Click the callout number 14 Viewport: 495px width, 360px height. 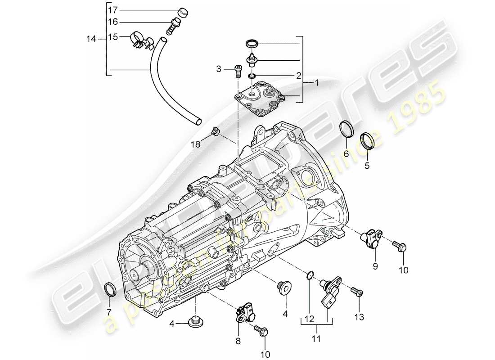[x=91, y=40]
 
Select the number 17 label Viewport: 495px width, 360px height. [x=112, y=9]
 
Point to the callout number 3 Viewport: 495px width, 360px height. [x=219, y=69]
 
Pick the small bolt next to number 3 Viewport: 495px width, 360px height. [x=237, y=71]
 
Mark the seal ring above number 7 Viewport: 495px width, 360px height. [x=109, y=289]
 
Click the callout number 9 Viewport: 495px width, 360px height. [x=375, y=266]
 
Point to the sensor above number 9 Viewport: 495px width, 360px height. [x=373, y=238]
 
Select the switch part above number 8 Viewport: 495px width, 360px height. [x=244, y=311]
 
